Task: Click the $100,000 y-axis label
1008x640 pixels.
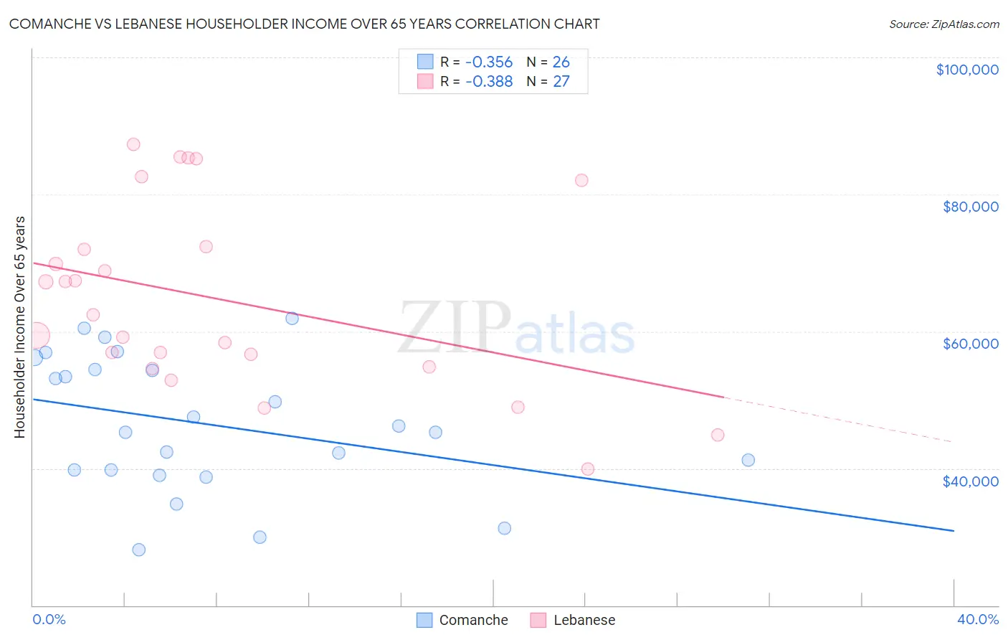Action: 966,70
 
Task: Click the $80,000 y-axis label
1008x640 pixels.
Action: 970,207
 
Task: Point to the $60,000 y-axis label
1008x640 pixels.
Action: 970,344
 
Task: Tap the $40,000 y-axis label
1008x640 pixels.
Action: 970,481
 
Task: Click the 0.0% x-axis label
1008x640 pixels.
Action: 49,619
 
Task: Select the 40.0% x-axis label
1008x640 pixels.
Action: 977,619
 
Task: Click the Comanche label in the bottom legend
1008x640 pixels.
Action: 473,620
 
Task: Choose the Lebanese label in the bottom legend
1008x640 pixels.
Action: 584,620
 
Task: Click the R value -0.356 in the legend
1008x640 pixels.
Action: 489,62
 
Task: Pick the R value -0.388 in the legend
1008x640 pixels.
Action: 489,82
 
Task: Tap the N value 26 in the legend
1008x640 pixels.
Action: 561,62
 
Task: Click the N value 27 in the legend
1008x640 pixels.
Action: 561,82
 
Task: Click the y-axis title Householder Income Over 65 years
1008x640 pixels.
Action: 20,326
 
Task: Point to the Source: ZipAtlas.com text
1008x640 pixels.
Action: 943,24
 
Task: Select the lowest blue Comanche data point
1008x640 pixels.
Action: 139,550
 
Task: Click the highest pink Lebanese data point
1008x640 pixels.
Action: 133,144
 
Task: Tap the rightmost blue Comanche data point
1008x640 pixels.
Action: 748,460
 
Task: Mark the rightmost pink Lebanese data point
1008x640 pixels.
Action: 717,435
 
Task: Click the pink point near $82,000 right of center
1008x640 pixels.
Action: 581,180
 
